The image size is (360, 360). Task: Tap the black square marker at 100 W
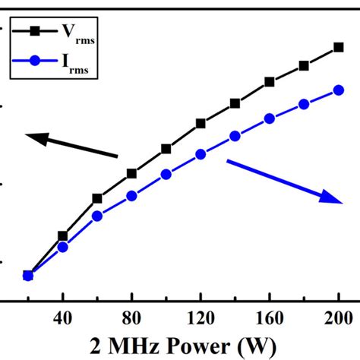coord(166,149)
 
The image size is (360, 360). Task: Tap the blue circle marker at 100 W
coord(166,174)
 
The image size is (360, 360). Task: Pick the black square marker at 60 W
coord(97,198)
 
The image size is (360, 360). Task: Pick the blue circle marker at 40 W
coord(63,247)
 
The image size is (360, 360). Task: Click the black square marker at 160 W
coord(269,81)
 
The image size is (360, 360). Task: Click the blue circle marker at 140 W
coord(235,136)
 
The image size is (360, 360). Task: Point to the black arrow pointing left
coord(71,146)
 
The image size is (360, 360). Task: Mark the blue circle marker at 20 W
coord(28,276)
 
